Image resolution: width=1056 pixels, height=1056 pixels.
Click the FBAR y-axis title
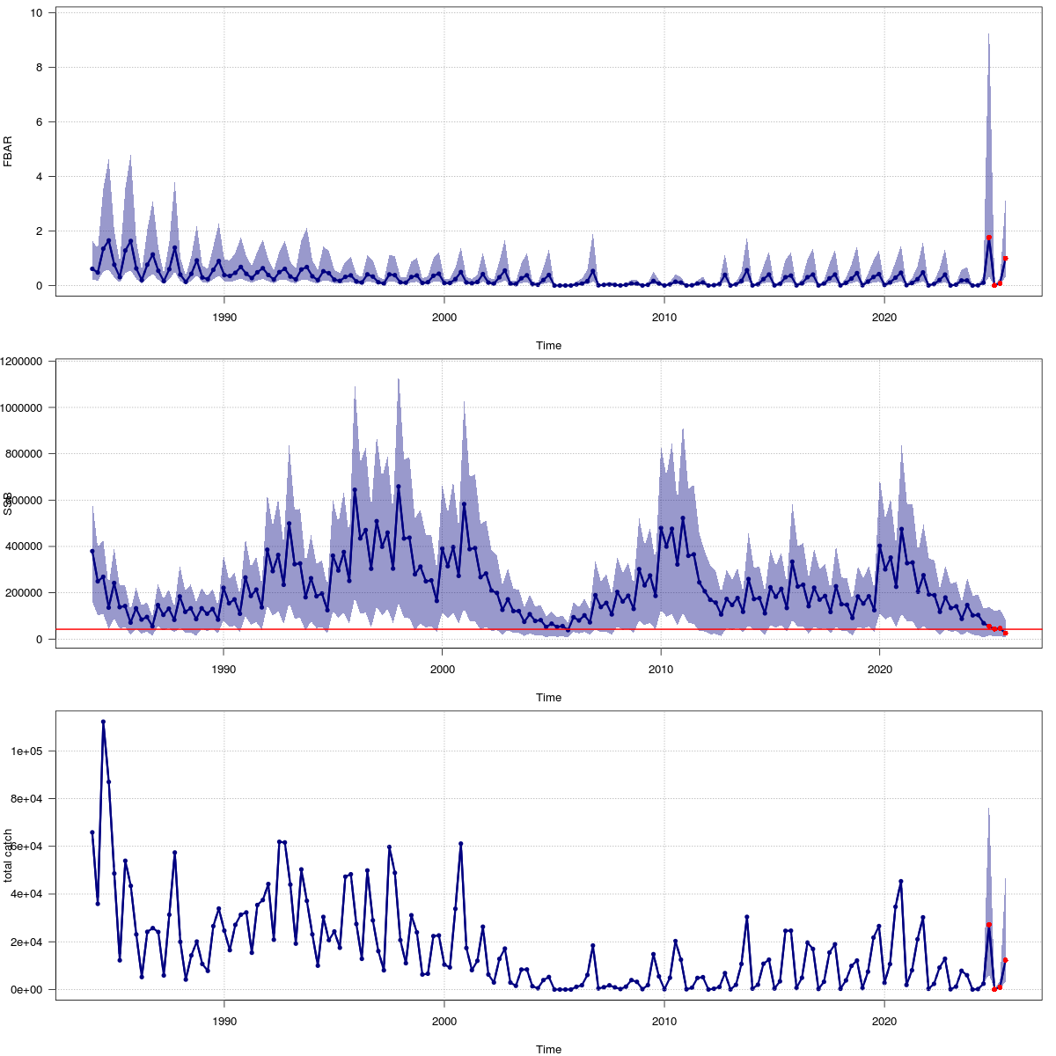[x=8, y=150]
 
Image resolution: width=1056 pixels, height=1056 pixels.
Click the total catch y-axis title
[x=8, y=854]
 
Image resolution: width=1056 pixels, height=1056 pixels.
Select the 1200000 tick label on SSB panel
[x=26, y=361]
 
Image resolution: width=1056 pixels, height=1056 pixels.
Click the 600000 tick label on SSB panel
[x=29, y=500]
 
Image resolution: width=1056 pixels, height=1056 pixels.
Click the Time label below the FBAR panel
[x=548, y=345]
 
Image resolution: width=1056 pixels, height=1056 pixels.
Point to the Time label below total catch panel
[x=548, y=1049]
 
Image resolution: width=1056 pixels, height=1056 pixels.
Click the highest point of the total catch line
[x=103, y=722]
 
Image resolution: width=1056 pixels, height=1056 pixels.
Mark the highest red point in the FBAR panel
[x=989, y=238]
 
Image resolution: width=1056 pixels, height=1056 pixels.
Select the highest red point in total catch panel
[x=989, y=925]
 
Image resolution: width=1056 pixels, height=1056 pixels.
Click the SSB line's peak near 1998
[x=399, y=486]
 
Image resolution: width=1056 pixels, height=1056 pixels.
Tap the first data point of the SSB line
[x=92, y=551]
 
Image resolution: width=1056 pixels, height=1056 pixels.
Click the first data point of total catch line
[x=92, y=832]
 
